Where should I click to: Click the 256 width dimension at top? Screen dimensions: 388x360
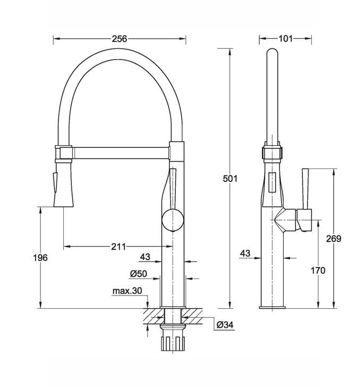click(119, 39)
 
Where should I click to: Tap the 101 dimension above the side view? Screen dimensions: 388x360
click(285, 39)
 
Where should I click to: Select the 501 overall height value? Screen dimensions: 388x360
click(229, 179)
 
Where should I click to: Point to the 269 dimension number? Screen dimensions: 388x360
click(333, 239)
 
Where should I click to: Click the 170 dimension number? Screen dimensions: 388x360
click(318, 271)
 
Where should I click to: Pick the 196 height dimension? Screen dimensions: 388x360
click(40, 258)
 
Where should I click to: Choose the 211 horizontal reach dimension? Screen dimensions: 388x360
click(118, 247)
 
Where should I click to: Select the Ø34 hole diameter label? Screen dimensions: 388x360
click(225, 324)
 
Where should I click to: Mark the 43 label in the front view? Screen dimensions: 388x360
click(144, 257)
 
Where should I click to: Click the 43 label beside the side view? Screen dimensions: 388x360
click(245, 254)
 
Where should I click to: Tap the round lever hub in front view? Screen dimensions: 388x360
click(172, 219)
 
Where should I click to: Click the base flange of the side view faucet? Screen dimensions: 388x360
click(272, 307)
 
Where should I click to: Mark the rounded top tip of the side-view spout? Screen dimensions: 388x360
click(271, 53)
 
